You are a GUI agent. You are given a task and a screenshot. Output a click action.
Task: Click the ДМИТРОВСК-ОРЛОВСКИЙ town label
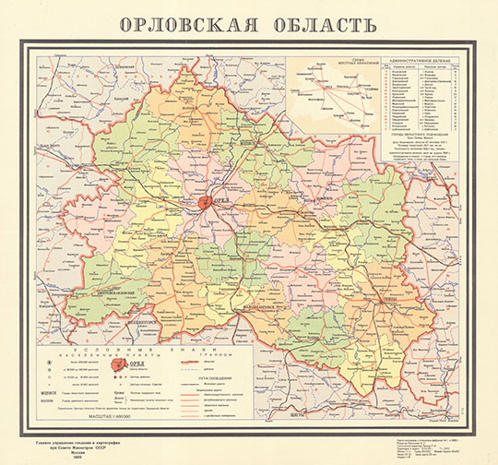(105, 293)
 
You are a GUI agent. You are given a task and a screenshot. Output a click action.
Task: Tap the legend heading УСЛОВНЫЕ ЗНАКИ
(147, 350)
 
